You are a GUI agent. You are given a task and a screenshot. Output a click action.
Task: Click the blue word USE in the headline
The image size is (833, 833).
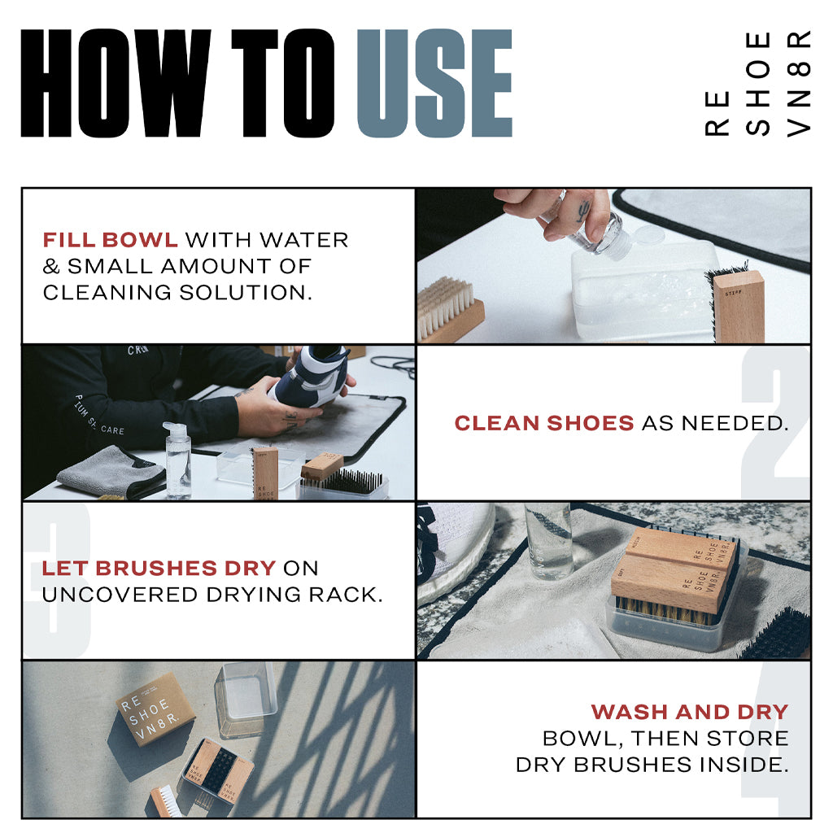[x=434, y=84]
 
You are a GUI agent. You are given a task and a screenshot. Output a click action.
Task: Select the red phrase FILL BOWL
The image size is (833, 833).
[x=110, y=240]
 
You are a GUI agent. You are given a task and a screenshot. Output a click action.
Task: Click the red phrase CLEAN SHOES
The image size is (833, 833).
[x=544, y=423]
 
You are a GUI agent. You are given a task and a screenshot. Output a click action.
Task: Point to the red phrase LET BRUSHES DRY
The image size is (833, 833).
[x=159, y=568]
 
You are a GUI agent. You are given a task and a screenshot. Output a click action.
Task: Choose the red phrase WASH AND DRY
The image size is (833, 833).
[x=690, y=711]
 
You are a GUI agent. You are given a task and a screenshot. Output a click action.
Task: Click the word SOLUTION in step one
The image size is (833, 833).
[x=245, y=292]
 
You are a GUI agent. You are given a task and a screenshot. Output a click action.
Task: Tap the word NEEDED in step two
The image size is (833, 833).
[x=735, y=423]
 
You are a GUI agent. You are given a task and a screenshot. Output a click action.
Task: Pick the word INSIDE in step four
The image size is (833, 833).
[x=744, y=765]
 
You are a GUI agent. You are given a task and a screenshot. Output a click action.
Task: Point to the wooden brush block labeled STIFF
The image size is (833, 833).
[x=739, y=306]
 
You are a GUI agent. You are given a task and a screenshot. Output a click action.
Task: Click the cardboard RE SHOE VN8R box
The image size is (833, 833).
[x=155, y=709]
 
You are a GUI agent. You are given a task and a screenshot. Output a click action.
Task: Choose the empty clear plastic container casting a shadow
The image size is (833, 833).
[x=246, y=698]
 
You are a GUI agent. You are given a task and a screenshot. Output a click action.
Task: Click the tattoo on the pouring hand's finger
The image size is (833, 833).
[x=582, y=211]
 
